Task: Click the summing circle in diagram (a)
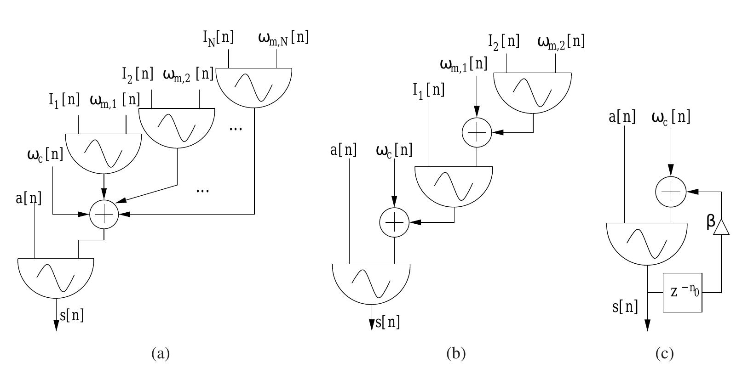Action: click(104, 214)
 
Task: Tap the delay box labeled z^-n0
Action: click(682, 292)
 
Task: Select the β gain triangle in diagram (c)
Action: click(721, 227)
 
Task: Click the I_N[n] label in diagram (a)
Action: click(219, 38)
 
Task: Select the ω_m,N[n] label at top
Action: click(283, 38)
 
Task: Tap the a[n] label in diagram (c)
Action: click(621, 117)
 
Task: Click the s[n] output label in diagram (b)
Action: click(388, 322)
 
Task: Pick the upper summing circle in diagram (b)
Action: click(477, 132)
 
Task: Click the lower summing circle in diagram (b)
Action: click(394, 222)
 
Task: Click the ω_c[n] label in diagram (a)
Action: click(45, 154)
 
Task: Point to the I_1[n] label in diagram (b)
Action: click(428, 90)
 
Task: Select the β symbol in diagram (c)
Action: click(711, 222)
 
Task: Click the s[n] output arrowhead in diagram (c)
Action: click(647, 325)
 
